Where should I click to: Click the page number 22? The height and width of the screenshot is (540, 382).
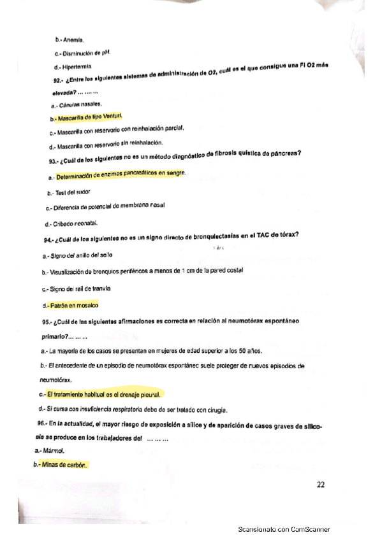321,485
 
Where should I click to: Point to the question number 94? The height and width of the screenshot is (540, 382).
48,239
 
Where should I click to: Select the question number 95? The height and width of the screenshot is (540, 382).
46,322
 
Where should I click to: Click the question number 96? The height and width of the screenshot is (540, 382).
42,423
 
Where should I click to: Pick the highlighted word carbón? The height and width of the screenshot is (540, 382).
76,465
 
